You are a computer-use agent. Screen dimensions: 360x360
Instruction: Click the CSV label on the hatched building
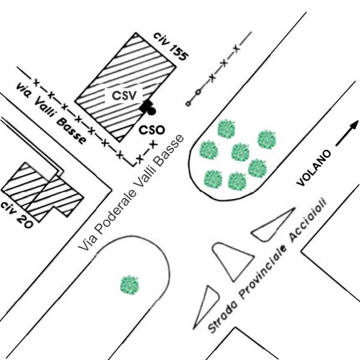[124, 95]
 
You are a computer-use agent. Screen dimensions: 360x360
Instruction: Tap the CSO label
[152, 130]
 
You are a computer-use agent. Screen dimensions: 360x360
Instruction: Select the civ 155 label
[171, 47]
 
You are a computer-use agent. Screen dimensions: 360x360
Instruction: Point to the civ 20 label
[17, 215]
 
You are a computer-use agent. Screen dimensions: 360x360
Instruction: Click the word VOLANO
[314, 168]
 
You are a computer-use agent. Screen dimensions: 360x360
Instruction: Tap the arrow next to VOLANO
[347, 133]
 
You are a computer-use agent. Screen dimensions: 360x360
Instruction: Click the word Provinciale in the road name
[263, 272]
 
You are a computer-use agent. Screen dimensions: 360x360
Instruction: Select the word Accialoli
[308, 220]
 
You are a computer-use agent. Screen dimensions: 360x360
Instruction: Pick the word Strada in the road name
[222, 317]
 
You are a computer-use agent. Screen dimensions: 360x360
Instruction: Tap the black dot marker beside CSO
[151, 111]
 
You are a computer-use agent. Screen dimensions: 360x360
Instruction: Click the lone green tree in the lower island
[130, 285]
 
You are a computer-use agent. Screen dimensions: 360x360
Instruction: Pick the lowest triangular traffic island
[206, 307]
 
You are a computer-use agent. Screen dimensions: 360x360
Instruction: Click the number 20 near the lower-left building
[25, 222]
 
